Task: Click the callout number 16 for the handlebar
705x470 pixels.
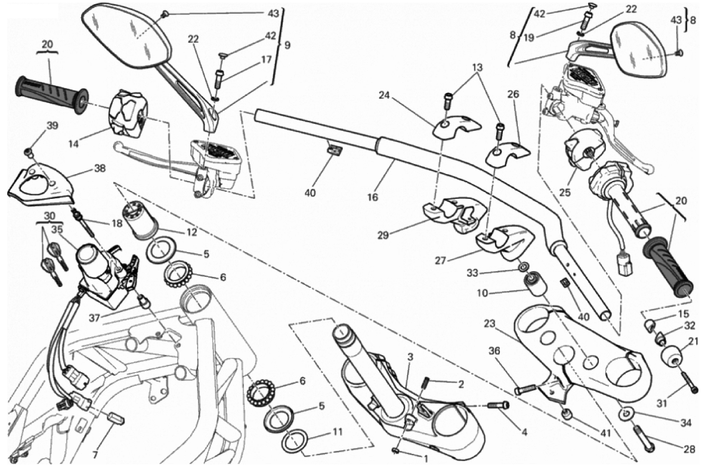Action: [x=373, y=196]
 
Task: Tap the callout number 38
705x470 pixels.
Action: [x=99, y=169]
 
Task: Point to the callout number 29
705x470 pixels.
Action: [x=383, y=235]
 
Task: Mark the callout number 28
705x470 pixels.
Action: [x=689, y=450]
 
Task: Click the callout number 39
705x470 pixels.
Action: [x=52, y=126]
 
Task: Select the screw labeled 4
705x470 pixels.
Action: [x=497, y=405]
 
